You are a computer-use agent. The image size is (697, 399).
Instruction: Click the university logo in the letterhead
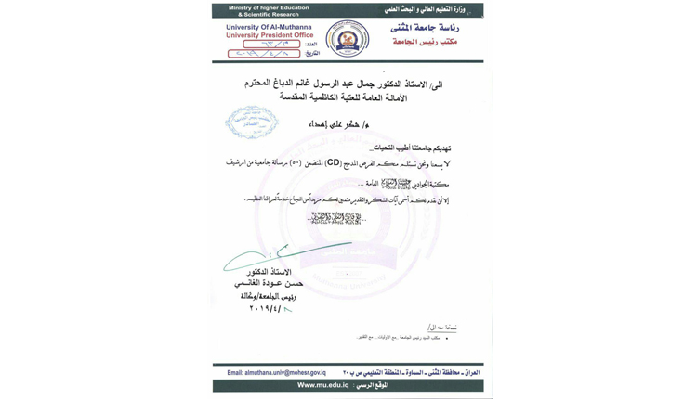tap(347, 40)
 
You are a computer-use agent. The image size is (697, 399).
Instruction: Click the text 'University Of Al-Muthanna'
tap(268, 27)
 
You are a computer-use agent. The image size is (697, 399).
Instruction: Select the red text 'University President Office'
tap(268, 35)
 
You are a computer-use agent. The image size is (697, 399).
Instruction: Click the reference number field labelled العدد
tap(271, 44)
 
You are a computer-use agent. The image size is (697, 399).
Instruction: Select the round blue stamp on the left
tap(251, 122)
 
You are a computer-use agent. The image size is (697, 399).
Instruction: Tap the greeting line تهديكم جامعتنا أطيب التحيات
tap(411, 148)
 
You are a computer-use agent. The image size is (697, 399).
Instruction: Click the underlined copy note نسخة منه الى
tap(441, 328)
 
